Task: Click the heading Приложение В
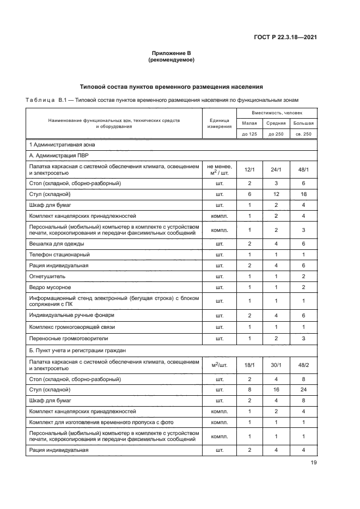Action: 171,53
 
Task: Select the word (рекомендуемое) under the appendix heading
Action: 171,60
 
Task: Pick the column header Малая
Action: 249,123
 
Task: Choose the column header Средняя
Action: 276,123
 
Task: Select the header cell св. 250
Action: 304,133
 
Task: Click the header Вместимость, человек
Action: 277,113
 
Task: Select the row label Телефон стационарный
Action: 59,254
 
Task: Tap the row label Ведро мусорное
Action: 51,287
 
